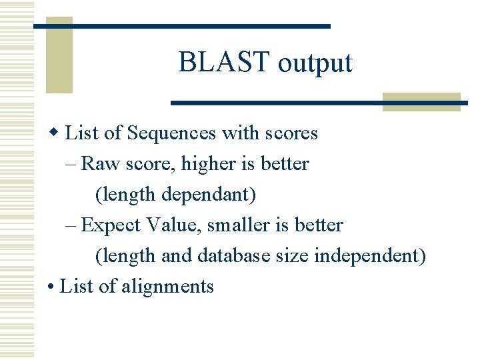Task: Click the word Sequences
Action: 171,133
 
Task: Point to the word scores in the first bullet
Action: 291,133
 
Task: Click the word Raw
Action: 97,164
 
